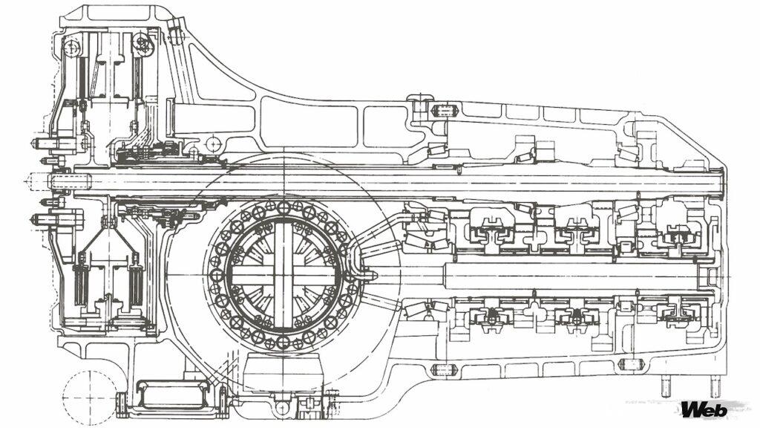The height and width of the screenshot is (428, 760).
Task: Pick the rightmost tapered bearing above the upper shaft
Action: [x=629, y=153]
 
